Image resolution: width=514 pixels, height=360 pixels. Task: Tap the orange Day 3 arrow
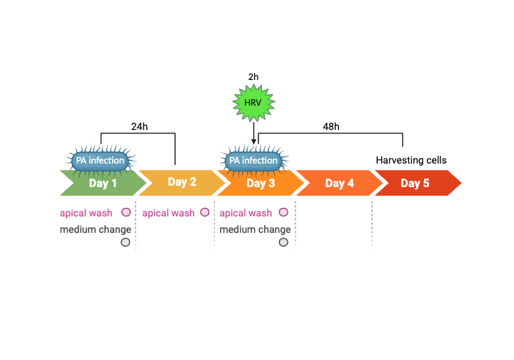(261, 183)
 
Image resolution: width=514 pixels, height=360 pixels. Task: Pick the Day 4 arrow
(339, 183)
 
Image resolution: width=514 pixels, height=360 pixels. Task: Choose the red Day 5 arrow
(415, 183)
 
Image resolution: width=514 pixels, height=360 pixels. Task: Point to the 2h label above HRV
(253, 76)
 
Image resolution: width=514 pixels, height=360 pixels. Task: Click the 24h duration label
(139, 126)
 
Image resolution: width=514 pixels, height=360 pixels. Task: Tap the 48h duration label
(331, 126)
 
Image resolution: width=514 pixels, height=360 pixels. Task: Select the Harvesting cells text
(411, 160)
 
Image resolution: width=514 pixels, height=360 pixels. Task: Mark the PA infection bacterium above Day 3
(253, 161)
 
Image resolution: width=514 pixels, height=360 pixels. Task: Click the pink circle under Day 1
(126, 212)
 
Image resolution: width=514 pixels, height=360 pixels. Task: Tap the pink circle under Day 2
(205, 212)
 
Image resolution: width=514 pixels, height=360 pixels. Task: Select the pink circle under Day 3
(283, 212)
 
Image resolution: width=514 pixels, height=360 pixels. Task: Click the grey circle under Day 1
(126, 242)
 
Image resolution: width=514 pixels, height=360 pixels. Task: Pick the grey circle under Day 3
(283, 242)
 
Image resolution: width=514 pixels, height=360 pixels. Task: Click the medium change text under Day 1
(96, 229)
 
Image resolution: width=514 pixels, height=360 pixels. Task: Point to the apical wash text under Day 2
(168, 213)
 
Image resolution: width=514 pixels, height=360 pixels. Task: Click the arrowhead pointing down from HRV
(253, 141)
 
